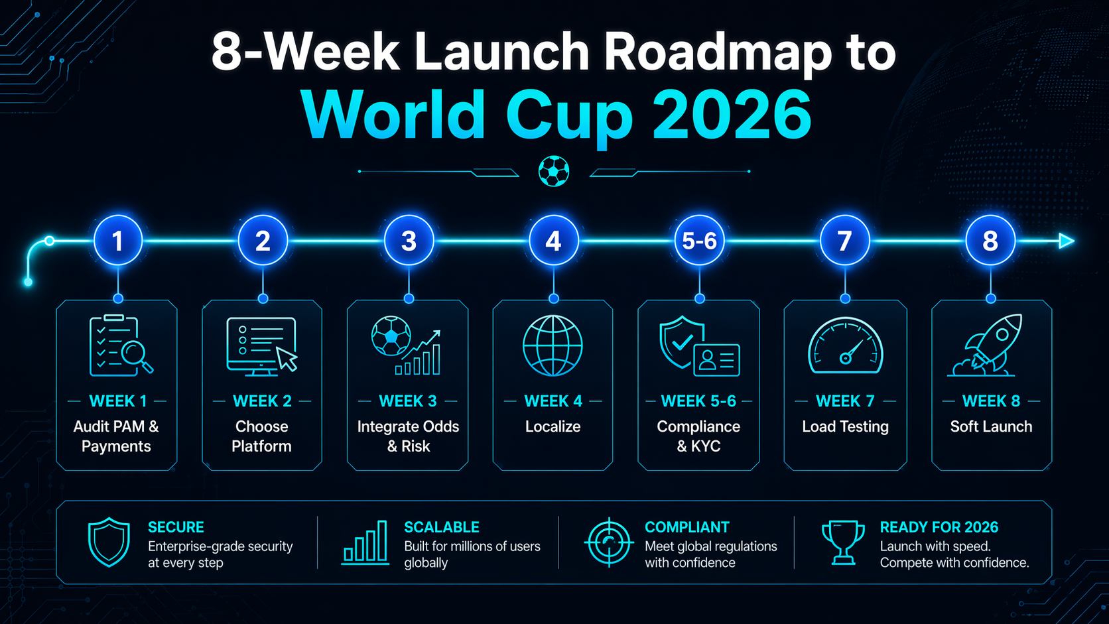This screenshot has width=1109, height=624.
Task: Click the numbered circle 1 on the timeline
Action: (x=118, y=241)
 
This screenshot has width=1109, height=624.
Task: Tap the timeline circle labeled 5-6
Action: (x=699, y=241)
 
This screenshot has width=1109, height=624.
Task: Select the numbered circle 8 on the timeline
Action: (x=990, y=241)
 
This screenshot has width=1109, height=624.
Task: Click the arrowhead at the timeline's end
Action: (x=1067, y=241)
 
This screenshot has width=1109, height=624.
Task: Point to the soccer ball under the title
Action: (x=554, y=171)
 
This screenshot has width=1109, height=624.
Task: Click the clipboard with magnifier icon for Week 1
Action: (x=121, y=345)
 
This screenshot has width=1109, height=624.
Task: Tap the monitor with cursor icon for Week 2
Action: (x=262, y=346)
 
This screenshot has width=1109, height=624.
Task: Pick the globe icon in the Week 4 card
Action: (x=553, y=345)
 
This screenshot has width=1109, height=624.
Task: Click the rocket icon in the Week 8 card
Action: (x=985, y=345)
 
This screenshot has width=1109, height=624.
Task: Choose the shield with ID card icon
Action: (x=699, y=345)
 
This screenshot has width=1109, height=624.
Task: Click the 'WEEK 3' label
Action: (x=408, y=401)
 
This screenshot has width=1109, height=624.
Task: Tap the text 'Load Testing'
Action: (x=845, y=426)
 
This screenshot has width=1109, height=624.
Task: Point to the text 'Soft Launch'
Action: (x=991, y=426)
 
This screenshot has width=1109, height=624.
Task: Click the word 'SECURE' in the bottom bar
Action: (x=176, y=527)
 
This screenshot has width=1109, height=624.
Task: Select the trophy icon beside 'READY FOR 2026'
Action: (x=842, y=542)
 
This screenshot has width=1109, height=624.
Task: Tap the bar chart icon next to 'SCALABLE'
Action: (x=365, y=542)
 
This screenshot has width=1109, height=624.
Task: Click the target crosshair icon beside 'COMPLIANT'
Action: (x=609, y=542)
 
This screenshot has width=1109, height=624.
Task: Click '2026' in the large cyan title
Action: (x=732, y=115)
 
